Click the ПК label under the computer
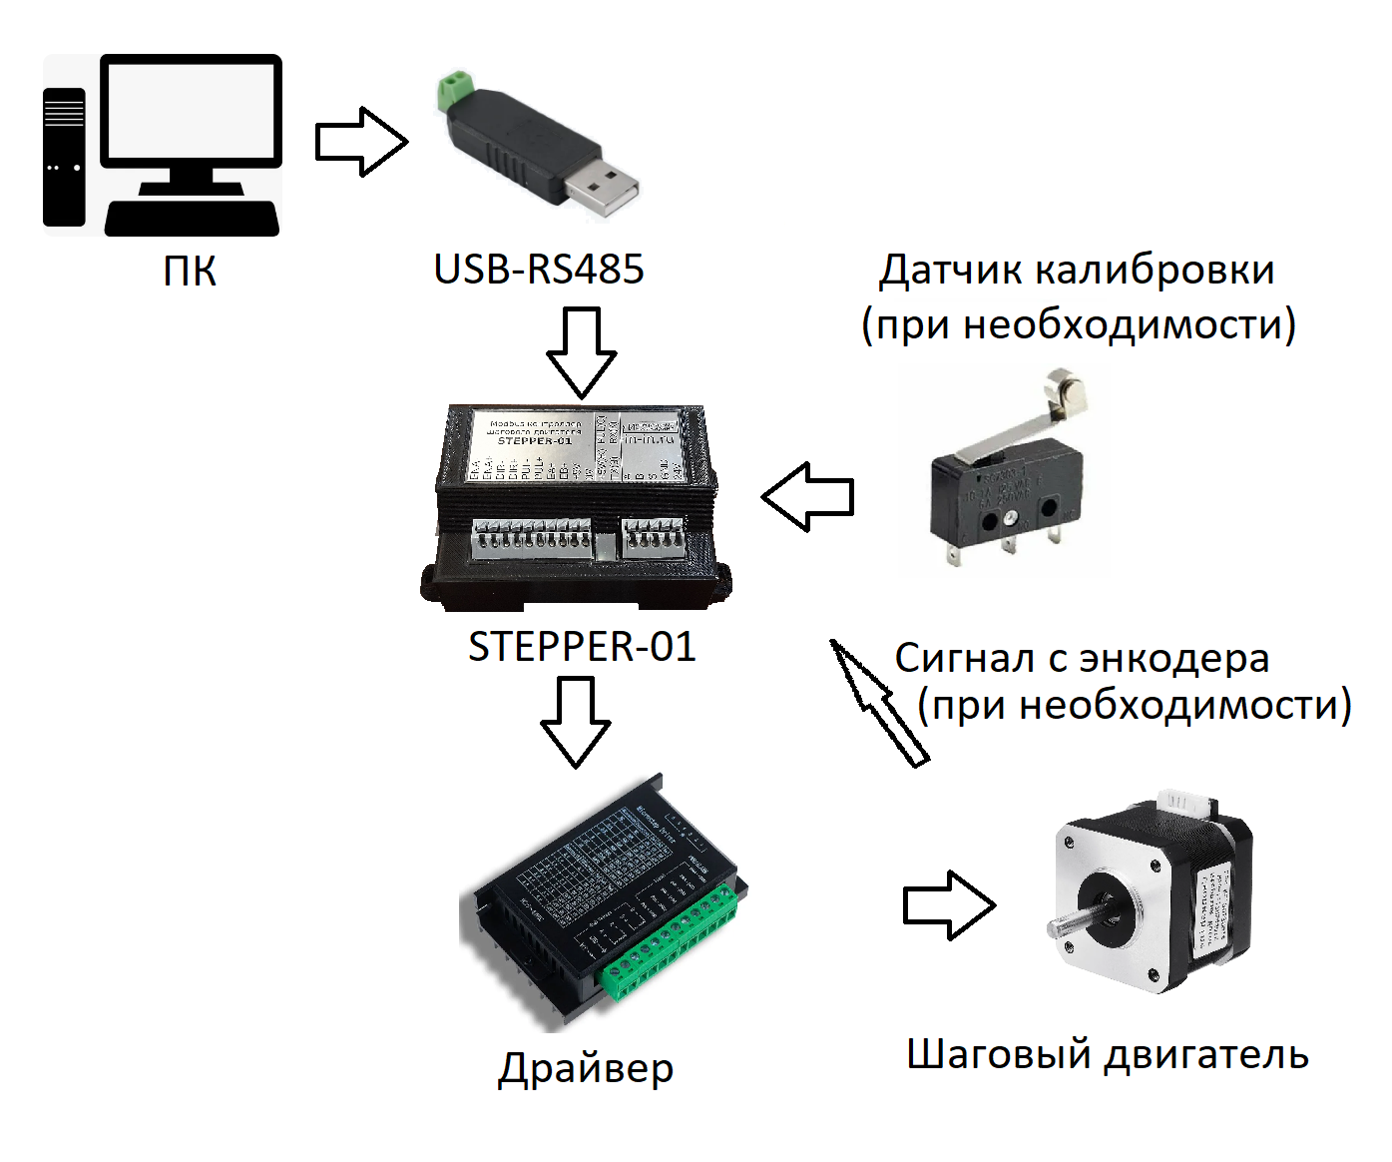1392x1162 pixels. tap(190, 271)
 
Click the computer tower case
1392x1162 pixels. tap(64, 157)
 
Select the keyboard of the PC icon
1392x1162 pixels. tap(192, 219)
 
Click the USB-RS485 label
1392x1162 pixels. tap(539, 270)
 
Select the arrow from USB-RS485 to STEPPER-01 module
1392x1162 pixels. tap(582, 351)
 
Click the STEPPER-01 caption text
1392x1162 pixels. tap(582, 647)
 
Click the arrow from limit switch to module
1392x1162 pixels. tap(808, 496)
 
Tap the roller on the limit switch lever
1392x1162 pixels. tap(1065, 390)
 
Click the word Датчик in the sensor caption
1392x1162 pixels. tap(949, 271)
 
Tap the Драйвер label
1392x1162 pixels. tap(586, 1069)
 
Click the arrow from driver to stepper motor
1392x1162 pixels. tap(949, 905)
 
